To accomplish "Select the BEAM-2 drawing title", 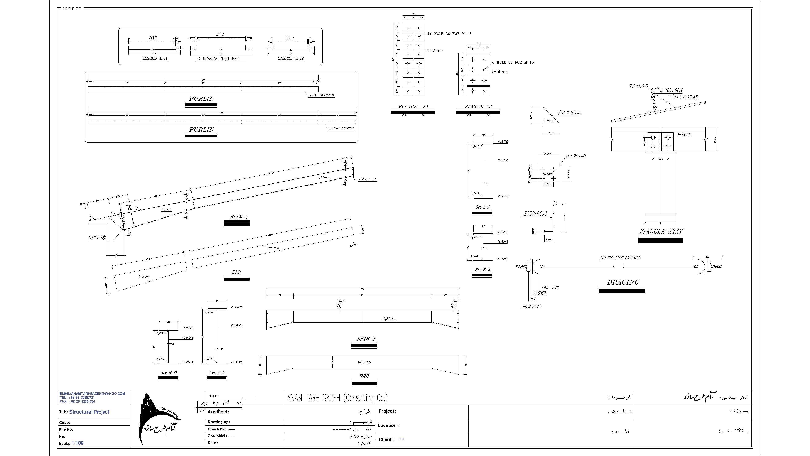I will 366,339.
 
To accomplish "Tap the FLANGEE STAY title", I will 661,232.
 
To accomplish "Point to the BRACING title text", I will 623,282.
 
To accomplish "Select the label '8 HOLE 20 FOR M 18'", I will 513,62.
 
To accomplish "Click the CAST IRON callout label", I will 550,287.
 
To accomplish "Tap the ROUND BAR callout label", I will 532,306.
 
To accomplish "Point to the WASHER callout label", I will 540,293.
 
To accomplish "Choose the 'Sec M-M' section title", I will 169,373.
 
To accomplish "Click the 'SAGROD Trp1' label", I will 155,58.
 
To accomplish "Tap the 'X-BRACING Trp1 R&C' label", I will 218,58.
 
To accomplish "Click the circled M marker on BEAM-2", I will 339,305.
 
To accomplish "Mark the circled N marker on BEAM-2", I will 454,305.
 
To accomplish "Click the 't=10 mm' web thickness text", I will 364,362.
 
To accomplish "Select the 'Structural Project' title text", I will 89,412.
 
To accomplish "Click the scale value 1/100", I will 77,443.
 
